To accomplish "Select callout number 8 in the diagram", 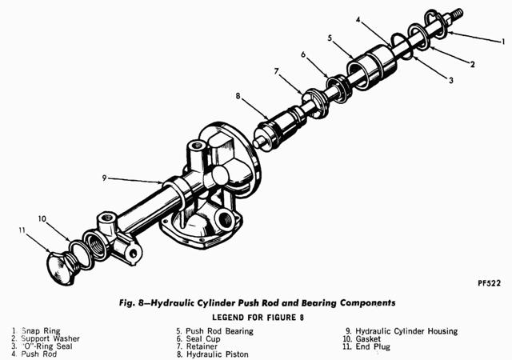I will (238, 97).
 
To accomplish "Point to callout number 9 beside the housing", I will (105, 178).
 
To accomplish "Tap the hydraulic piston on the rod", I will (276, 126).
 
